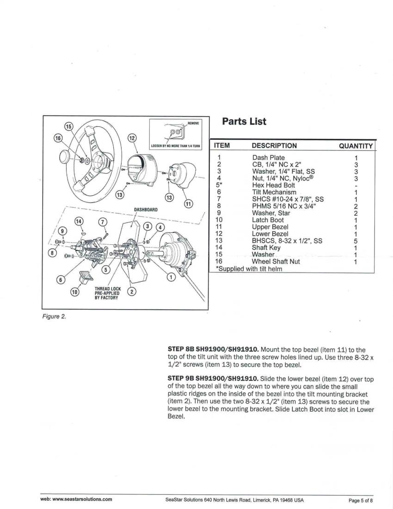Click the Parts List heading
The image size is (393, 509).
pos(244,121)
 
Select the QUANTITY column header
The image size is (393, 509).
pos(356,146)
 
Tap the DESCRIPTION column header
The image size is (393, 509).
pos(274,145)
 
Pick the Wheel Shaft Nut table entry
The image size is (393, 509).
pos(276,261)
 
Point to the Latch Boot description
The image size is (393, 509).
pos(268,220)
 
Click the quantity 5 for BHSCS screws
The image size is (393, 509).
pos(355,241)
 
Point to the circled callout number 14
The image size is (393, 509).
pos(80,222)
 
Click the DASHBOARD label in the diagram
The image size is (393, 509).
pos(146,210)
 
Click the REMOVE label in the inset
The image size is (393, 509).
pos(193,124)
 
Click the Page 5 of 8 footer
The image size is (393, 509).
pos(361,500)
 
